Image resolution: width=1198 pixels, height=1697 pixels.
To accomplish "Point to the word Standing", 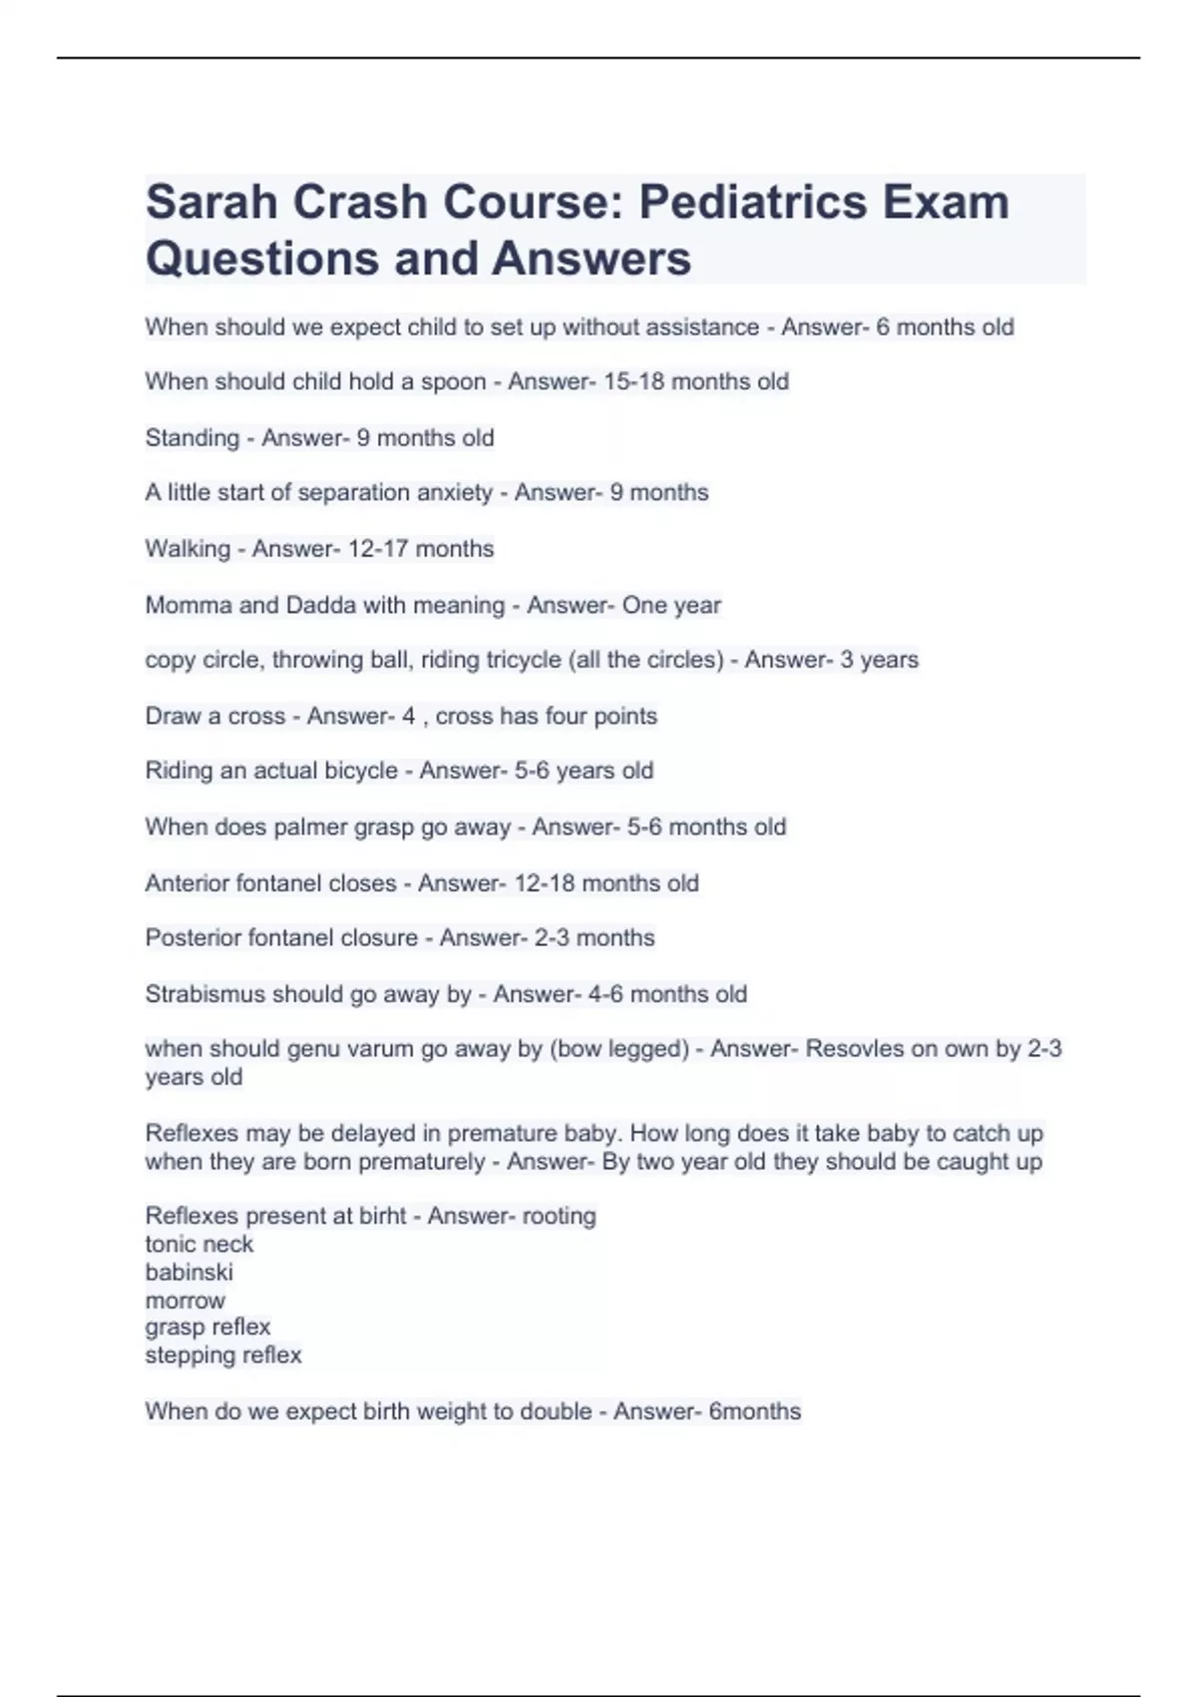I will (x=192, y=438).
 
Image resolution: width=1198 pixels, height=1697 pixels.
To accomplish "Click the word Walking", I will (x=187, y=549).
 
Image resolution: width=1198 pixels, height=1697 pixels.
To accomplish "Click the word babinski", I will (x=189, y=1272).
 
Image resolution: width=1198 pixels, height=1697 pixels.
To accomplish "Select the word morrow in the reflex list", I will (x=185, y=1301).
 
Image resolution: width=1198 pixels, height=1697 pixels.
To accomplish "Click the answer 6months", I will (x=754, y=1412).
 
